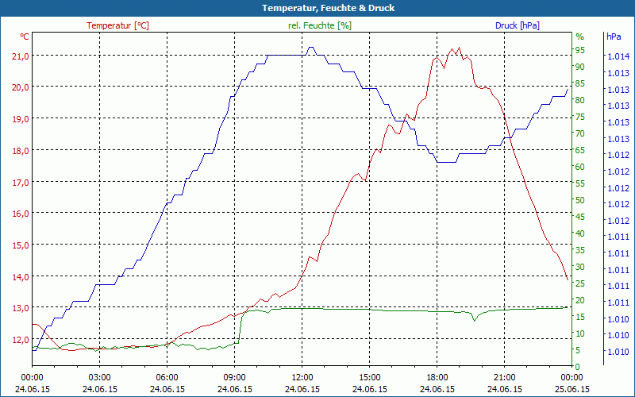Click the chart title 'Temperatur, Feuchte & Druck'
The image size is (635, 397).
[x=317, y=8]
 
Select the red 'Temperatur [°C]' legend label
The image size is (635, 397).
[x=117, y=25]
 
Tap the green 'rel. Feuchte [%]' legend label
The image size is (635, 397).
[x=320, y=25]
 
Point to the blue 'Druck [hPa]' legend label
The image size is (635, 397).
[x=517, y=25]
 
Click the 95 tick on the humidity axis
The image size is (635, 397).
[x=580, y=50]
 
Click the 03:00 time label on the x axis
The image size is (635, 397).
[x=100, y=378]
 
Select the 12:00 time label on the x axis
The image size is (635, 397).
[x=302, y=378]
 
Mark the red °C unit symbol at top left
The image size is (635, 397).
[x=25, y=37]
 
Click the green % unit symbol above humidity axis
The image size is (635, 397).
[x=579, y=37]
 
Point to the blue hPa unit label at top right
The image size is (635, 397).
[x=614, y=37]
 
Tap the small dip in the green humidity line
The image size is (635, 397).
[x=474, y=319]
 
